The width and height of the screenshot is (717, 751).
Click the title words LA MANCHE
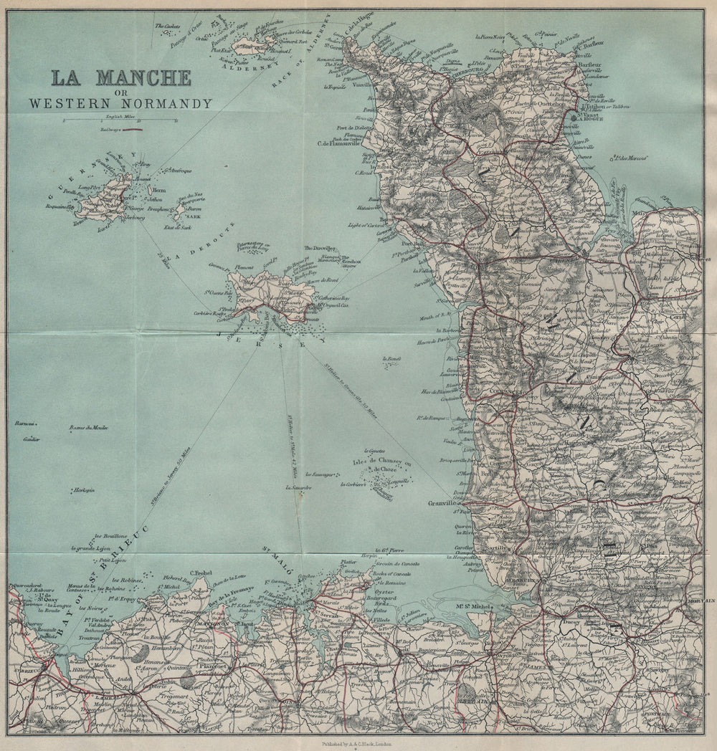point(120,77)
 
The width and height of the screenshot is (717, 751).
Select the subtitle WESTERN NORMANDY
point(120,103)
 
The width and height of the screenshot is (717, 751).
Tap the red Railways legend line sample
point(132,130)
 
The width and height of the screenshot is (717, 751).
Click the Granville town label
point(442,503)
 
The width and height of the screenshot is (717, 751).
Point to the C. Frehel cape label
point(203,573)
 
